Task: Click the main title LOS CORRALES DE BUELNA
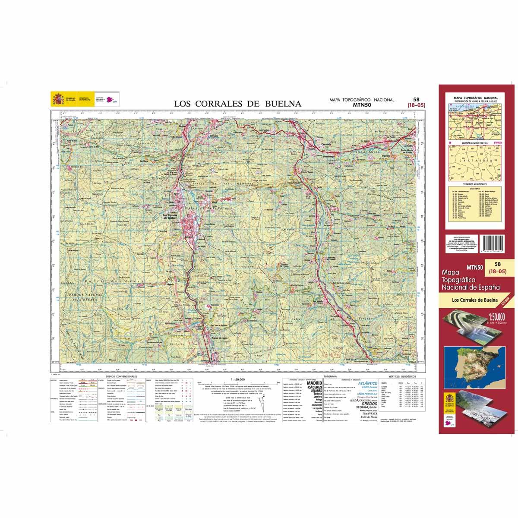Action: (237, 104)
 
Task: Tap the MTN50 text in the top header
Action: (362, 104)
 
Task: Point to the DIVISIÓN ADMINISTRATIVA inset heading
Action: (475, 142)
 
